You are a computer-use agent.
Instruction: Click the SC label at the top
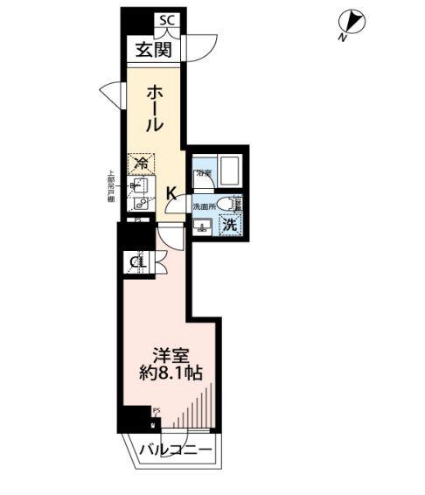tap(165, 19)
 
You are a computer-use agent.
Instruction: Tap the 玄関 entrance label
tap(152, 50)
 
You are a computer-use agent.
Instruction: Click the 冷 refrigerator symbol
tap(140, 163)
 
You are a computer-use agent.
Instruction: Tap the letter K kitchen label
tap(172, 193)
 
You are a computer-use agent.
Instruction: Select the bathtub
tap(229, 170)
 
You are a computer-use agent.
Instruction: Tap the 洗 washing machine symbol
tap(229, 225)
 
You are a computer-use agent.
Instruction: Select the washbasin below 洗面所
tap(203, 228)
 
